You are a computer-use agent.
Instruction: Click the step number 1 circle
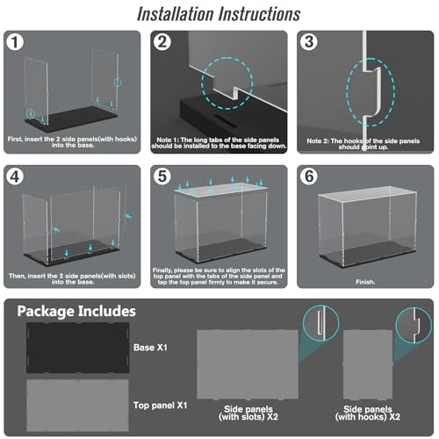(x=15, y=42)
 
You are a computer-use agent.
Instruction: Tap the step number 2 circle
(x=162, y=42)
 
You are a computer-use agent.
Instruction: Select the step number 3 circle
(x=309, y=42)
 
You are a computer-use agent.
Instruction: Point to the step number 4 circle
(x=15, y=176)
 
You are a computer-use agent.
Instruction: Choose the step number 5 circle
(x=162, y=176)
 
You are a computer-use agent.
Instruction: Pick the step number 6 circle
(x=309, y=176)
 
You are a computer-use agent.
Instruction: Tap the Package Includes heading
(x=76, y=312)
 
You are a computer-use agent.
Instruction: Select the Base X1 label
(x=150, y=348)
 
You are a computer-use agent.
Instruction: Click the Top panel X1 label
(x=160, y=406)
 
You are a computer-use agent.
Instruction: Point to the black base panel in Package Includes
(x=78, y=348)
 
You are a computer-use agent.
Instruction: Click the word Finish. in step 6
(x=365, y=282)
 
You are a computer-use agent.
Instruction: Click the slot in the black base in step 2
(x=226, y=120)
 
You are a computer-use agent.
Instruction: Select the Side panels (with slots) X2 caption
(x=248, y=413)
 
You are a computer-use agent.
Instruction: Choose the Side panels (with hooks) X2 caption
(x=368, y=413)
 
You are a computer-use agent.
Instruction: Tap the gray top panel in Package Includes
(x=77, y=406)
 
